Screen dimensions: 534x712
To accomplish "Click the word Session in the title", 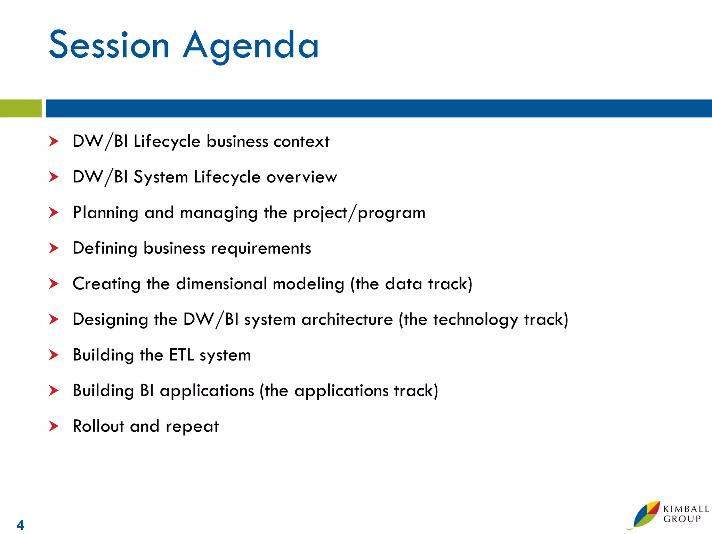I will tap(109, 45).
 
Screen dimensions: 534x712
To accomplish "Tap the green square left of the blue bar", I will tap(21, 108).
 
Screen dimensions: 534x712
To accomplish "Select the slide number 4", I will tap(21, 525).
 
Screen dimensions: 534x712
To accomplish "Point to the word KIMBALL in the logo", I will tap(686, 509).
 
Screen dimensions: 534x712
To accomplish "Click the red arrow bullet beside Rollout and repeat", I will tap(54, 426).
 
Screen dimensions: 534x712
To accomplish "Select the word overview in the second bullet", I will tap(301, 177).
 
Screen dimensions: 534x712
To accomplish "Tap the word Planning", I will tap(105, 213).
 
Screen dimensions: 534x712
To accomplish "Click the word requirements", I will tap(261, 249).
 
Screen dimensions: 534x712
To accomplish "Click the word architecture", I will tap(347, 319).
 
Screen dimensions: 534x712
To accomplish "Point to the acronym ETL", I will tap(181, 355).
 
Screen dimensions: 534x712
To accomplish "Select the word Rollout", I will tap(98, 426).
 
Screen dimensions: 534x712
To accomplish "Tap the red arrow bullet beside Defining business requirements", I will tap(54, 248).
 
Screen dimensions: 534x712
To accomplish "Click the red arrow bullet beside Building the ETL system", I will tap(54, 355).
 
